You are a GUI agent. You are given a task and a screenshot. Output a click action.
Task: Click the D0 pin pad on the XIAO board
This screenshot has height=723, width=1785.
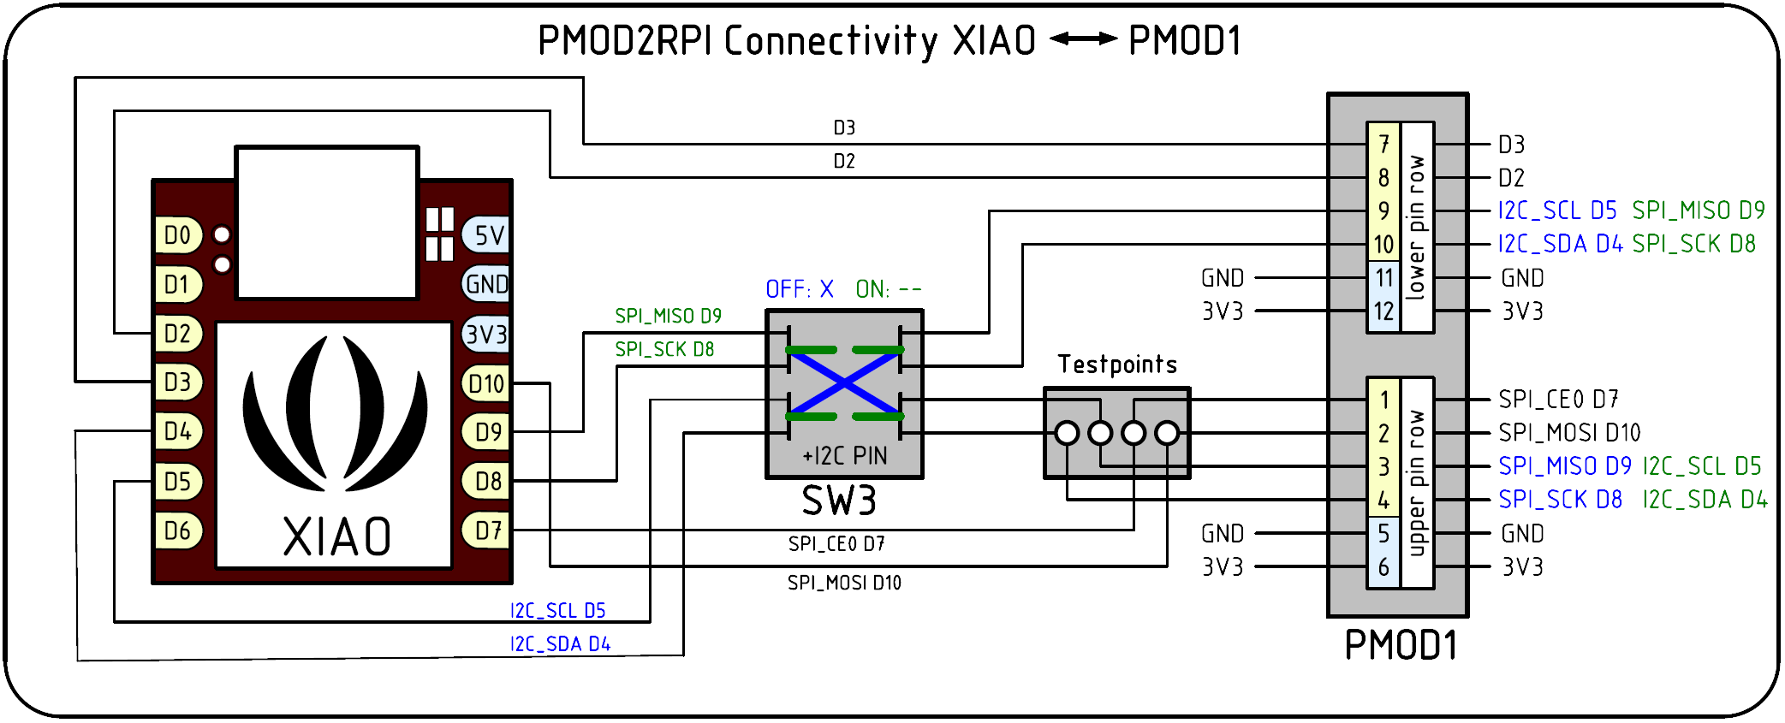177,235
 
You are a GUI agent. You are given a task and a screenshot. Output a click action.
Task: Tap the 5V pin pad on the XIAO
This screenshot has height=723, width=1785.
488,235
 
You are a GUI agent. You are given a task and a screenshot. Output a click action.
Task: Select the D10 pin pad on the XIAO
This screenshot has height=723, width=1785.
486,384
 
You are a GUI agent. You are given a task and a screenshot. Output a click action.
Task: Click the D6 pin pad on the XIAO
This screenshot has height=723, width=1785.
177,531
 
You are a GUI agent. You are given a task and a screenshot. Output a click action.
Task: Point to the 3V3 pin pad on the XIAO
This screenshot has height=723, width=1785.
486,335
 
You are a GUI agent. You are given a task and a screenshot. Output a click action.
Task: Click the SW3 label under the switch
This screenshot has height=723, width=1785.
839,501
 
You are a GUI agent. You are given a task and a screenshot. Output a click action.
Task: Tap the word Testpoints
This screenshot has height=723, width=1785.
1117,364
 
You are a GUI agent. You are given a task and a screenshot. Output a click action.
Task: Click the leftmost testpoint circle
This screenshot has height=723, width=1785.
1067,433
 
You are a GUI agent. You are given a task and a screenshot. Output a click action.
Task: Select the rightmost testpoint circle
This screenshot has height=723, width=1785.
1167,433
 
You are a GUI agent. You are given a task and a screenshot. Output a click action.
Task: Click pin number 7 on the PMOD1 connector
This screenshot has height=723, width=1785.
1383,145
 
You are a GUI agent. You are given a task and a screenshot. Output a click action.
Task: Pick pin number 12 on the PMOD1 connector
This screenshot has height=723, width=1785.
1383,311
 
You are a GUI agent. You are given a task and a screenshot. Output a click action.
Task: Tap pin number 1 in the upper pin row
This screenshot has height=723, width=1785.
1383,400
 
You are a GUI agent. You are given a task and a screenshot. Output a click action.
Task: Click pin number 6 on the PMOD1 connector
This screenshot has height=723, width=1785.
1383,566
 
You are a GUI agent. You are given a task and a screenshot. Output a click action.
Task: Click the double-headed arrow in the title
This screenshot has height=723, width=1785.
1083,39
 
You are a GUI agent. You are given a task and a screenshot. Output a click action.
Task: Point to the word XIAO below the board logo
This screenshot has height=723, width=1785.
337,537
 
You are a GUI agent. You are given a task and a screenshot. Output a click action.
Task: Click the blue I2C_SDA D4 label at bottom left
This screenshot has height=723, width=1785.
561,644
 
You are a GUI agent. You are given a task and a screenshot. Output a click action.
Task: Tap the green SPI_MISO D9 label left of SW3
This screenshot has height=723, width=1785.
668,317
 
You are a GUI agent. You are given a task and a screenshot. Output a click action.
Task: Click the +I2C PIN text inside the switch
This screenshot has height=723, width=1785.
844,456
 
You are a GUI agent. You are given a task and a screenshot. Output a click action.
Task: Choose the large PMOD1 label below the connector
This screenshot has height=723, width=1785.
1401,645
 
